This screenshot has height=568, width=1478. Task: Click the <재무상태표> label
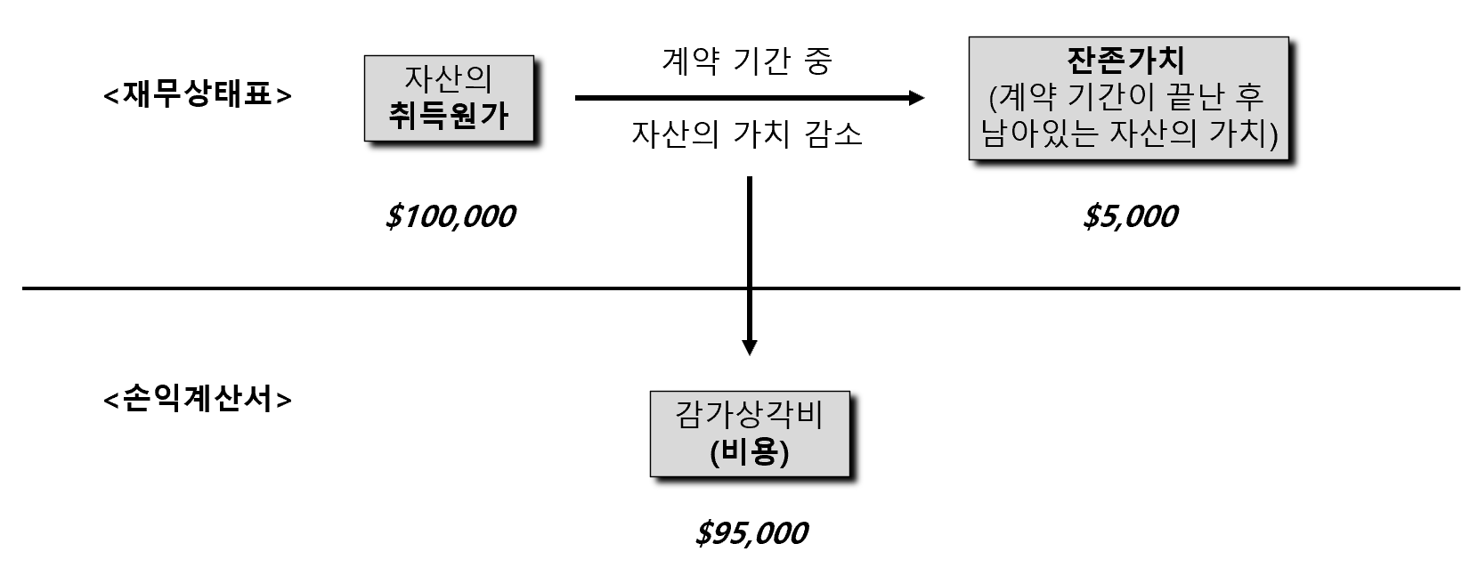pos(198,94)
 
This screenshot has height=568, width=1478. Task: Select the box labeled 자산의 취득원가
pos(449,98)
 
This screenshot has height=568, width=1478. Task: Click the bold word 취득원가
pos(449,116)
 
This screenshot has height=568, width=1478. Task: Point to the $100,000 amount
pos(450,216)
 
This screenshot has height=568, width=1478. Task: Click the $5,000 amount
pos(1130,216)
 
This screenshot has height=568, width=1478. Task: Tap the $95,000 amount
pos(751,533)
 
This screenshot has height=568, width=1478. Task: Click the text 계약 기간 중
pos(747,61)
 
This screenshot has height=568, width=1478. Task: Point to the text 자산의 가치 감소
pos(747,134)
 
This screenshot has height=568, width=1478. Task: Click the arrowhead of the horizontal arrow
pos(916,98)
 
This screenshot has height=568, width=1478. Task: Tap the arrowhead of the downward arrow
pos(750,346)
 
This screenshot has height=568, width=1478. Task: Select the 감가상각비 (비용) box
pos(750,434)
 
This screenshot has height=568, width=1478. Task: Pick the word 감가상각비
pos(750,416)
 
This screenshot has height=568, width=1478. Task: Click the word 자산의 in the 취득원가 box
pos(449,78)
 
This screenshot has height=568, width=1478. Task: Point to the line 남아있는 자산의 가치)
pos(1128,134)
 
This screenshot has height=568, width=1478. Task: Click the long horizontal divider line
pos(356,288)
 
